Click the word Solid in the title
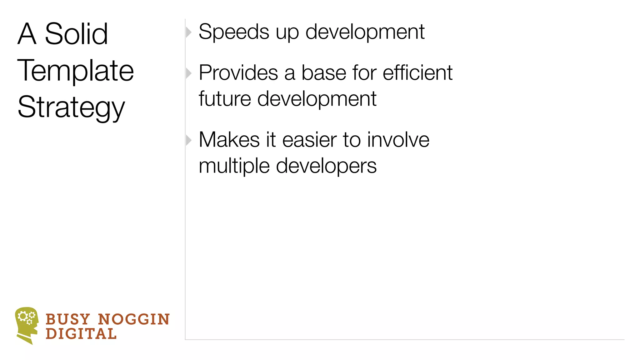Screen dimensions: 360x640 [76, 34]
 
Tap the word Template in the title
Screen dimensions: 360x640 [76, 71]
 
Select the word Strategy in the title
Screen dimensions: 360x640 [71, 107]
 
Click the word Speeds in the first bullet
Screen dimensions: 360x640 [234, 32]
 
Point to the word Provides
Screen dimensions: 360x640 [238, 73]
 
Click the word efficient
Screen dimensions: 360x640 [417, 73]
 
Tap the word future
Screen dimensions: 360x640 [225, 99]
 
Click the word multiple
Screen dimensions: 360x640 [234, 166]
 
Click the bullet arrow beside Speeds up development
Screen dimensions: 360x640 [188, 32]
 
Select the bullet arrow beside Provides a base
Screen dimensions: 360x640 [188, 73]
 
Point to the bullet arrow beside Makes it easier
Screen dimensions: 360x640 [188, 140]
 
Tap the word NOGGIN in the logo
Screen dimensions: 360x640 [134, 319]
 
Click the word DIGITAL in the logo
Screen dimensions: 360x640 [81, 334]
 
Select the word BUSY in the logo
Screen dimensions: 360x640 [68, 319]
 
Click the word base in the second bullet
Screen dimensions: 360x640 [323, 73]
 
